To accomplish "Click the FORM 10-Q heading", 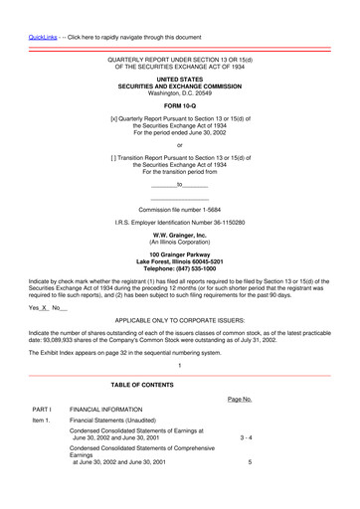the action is [180, 104].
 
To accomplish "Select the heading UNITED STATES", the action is [180, 79].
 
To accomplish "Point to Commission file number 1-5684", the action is [180, 210].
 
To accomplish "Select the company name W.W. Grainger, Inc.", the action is [180, 235].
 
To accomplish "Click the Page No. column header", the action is [239, 399].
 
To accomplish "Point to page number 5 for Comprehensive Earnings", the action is [250, 462].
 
